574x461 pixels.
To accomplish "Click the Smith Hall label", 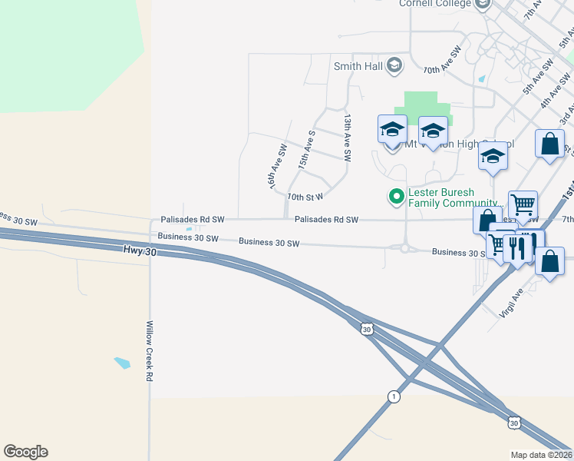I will pyautogui.click(x=358, y=66).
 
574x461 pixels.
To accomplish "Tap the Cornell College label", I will pyautogui.click(x=434, y=4).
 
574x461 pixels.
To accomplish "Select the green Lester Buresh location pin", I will pyautogui.click(x=396, y=197).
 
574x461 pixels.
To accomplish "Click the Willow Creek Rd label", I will pyautogui.click(x=150, y=351).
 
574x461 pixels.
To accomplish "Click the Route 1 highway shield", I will pyautogui.click(x=394, y=396).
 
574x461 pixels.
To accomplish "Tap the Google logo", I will pyautogui.click(x=25, y=452).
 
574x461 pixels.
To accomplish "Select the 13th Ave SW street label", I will pyautogui.click(x=347, y=138).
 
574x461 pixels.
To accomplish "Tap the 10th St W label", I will pyautogui.click(x=305, y=197).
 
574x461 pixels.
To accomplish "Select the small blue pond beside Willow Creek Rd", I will pyautogui.click(x=122, y=362).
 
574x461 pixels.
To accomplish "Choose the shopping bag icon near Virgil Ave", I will pyautogui.click(x=550, y=262).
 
